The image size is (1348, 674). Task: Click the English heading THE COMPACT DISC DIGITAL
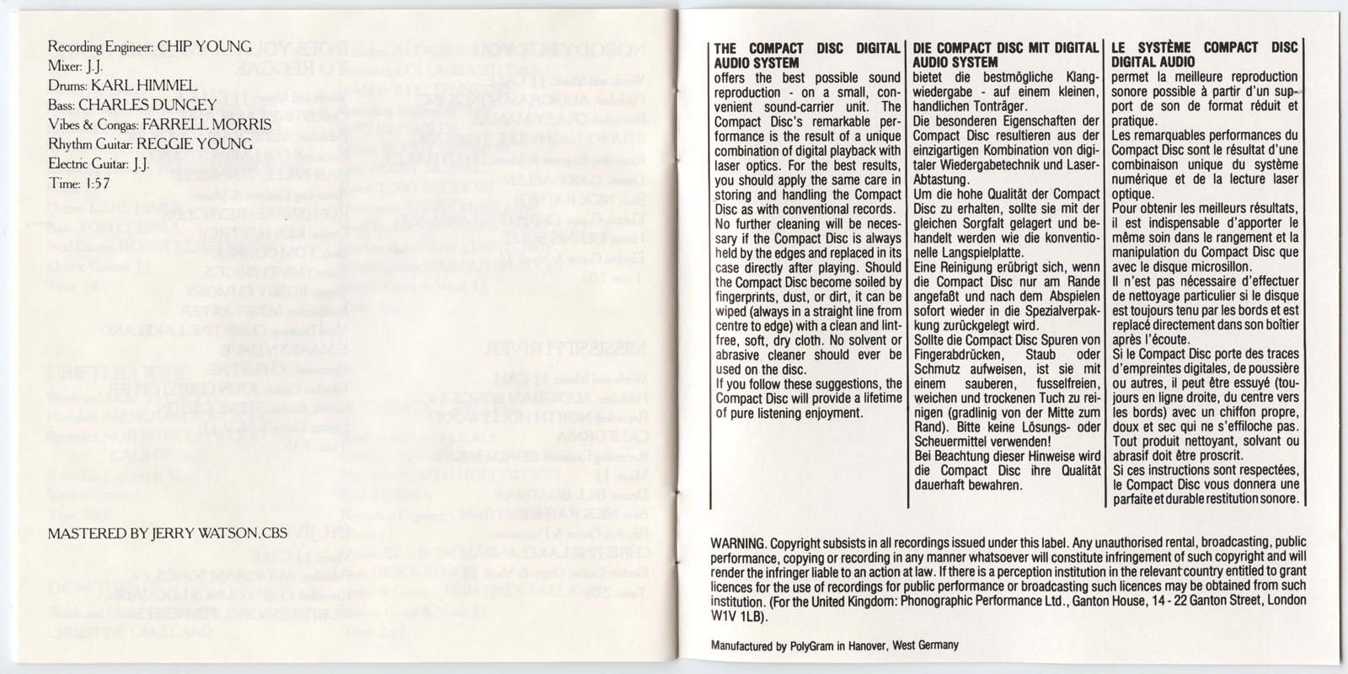805,48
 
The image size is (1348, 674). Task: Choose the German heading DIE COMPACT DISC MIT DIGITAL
1006,48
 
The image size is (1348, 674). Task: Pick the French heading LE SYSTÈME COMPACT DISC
1205,48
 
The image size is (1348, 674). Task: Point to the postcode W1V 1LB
739,615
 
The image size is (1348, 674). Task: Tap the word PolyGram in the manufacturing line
810,646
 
